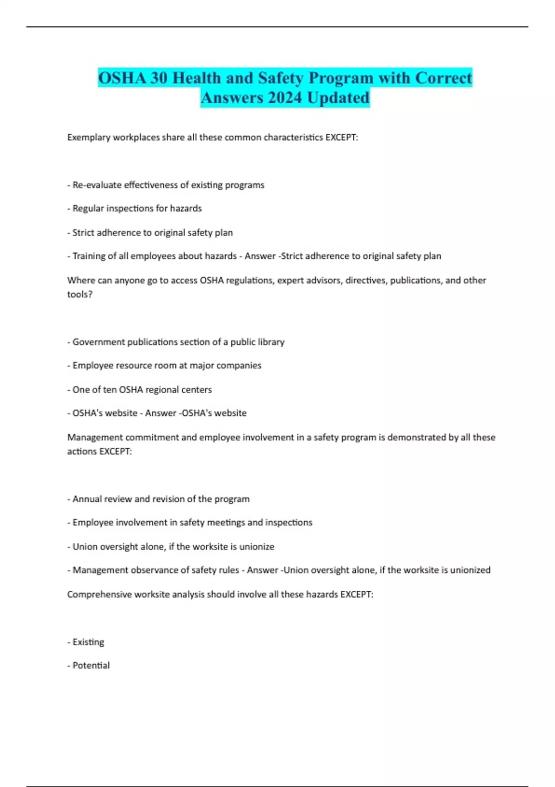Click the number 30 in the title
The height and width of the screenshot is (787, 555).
[x=158, y=78]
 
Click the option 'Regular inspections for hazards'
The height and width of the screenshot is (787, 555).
[x=137, y=208]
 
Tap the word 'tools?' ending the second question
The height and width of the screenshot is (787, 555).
[x=80, y=294]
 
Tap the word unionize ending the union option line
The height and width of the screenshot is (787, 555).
[x=257, y=547]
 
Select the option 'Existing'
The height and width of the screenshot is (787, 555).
[x=88, y=642]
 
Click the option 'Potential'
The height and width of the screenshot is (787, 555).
[x=91, y=666]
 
